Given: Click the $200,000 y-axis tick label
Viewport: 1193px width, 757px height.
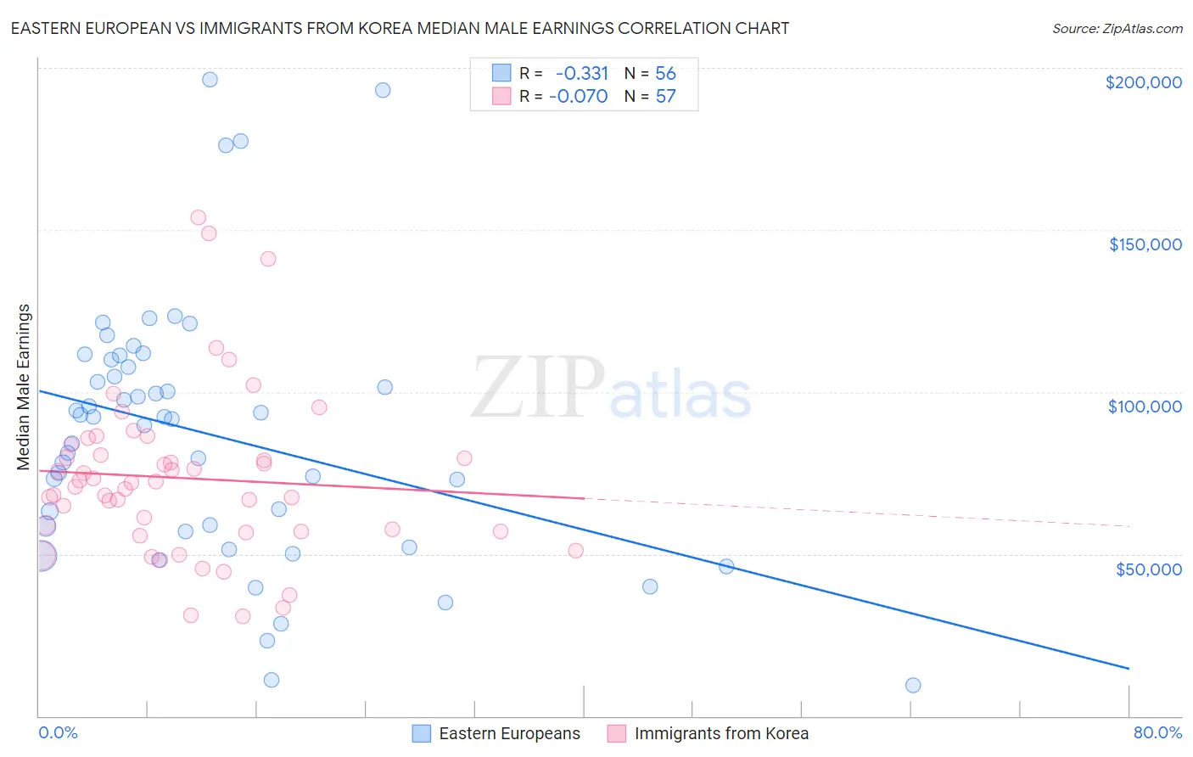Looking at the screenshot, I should pos(1143,82).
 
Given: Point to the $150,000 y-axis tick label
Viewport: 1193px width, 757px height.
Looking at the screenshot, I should pos(1145,244).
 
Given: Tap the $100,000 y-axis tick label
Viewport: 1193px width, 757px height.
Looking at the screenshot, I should pos(1145,407).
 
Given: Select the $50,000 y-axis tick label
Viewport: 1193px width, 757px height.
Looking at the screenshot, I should pos(1148,569).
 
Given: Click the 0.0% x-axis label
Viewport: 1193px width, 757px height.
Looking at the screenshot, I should pos(58,732).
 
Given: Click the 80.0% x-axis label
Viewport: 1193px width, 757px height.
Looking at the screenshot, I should pos(1157,732).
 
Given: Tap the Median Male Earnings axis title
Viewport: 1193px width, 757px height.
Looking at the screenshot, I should pos(24,387).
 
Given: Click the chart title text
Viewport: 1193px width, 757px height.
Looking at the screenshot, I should pos(400,29).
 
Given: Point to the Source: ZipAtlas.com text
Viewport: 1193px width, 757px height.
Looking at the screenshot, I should pos(1117,29).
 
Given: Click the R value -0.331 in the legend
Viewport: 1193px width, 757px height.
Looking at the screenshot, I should pos(581,74).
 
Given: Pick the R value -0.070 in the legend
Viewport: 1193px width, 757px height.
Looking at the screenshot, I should pos(578,97).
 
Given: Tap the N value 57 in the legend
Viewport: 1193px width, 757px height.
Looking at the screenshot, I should pos(665,97).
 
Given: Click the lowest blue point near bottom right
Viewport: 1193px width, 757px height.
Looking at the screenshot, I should pos(913,685).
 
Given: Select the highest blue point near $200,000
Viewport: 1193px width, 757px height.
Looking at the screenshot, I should pos(210,80).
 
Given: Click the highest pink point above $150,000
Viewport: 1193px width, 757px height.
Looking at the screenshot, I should pos(199,217).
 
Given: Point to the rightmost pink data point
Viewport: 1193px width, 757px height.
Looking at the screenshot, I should pos(576,551).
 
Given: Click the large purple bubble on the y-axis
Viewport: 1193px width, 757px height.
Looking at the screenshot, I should pos(40,556).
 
